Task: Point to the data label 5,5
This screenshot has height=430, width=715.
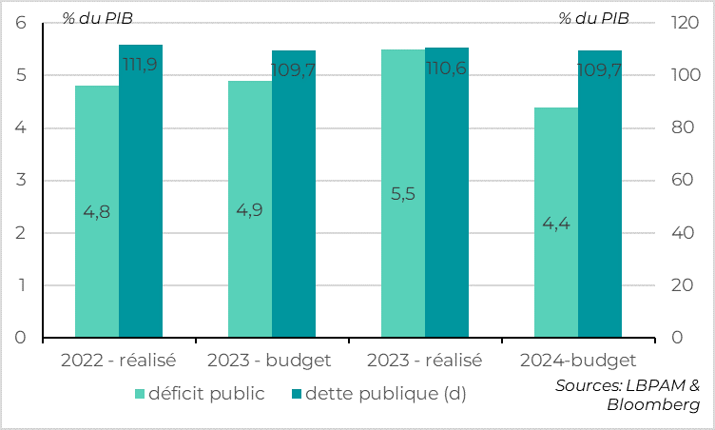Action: tap(403, 194)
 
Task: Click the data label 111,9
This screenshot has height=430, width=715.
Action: tap(141, 64)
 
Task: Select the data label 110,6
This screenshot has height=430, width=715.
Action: tap(446, 68)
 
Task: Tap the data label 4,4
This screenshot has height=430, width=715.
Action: tap(556, 224)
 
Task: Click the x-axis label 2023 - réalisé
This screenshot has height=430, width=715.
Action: tap(424, 361)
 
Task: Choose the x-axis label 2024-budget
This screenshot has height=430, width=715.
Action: tap(578, 361)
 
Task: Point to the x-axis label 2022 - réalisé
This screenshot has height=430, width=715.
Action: tap(119, 361)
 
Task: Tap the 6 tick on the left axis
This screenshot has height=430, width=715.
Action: tap(21, 23)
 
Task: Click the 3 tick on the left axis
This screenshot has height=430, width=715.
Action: tap(21, 181)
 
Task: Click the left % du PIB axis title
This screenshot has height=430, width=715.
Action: tap(98, 18)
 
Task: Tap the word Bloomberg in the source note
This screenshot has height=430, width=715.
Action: tap(653, 405)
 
